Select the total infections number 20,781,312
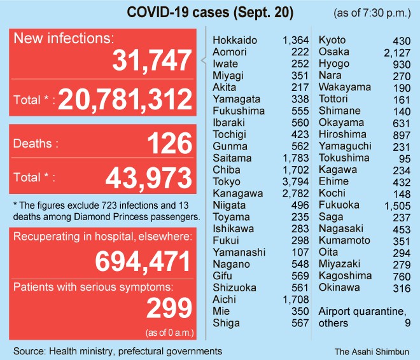(x=125, y=99)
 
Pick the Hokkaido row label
(x=234, y=40)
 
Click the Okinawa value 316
(x=402, y=287)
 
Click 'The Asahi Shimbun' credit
(x=372, y=350)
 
